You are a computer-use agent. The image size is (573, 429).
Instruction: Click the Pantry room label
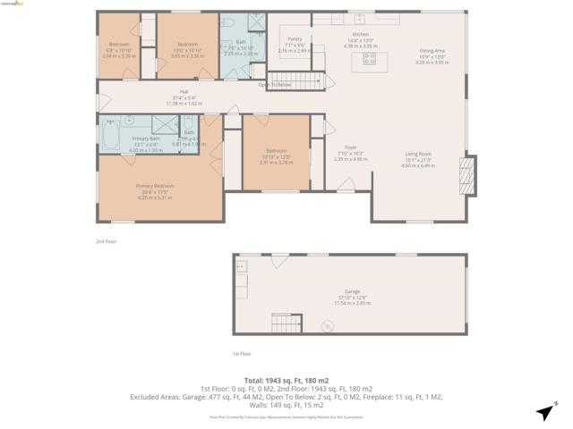(x=295, y=39)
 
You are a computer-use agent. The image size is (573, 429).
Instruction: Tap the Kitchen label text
(x=358, y=33)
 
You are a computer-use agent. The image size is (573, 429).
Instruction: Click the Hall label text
(x=184, y=92)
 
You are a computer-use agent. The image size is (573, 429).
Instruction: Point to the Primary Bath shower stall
(x=165, y=126)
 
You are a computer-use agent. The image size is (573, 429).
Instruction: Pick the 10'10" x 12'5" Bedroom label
(x=276, y=150)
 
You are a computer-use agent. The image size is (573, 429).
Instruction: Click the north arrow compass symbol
(x=544, y=412)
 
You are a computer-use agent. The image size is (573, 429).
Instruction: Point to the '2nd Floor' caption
(x=106, y=241)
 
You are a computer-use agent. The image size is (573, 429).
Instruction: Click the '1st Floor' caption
(x=242, y=354)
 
